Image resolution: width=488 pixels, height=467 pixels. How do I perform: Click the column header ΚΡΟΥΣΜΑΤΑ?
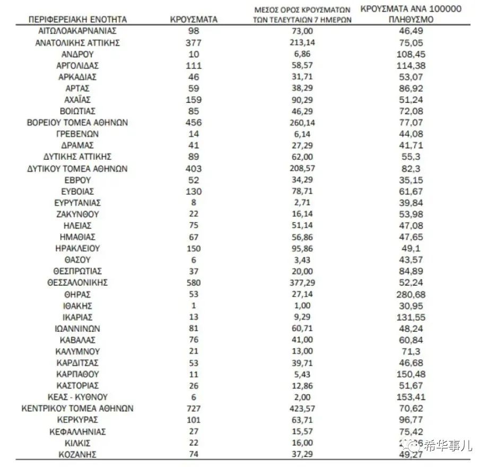coord(194,20)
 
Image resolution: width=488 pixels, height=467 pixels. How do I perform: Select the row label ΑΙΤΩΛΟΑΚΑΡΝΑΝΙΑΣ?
coord(77,31)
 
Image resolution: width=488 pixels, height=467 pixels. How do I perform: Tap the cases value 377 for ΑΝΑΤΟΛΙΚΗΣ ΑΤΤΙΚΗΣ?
coord(194,43)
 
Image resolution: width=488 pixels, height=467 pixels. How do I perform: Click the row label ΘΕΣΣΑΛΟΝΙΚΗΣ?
coord(77,283)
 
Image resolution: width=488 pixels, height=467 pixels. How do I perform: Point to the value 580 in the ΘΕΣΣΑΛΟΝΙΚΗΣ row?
coord(194,283)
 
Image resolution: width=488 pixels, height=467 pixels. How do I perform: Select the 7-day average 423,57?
coord(303,409)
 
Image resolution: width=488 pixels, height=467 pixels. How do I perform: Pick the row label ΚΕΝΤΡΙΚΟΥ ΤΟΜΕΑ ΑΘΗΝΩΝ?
coord(77,409)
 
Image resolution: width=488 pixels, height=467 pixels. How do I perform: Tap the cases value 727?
coord(194,409)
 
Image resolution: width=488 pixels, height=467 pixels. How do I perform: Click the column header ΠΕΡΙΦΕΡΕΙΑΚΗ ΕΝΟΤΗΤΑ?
coord(77,20)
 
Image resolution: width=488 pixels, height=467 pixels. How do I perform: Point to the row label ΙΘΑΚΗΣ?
coord(77,306)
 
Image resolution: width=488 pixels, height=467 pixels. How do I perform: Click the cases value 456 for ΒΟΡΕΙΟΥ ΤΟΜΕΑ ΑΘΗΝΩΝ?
coord(194,123)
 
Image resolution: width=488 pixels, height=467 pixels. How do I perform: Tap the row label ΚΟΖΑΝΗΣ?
coord(77,454)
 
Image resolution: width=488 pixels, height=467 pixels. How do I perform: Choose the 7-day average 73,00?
coord(303,31)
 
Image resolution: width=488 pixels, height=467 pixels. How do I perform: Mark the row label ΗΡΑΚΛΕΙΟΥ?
coord(77,248)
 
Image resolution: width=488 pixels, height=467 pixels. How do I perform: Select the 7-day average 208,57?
coord(303,168)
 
